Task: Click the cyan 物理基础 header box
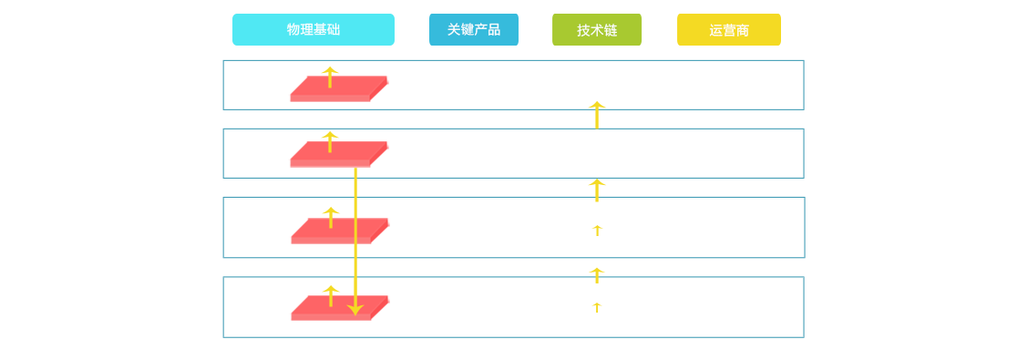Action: coord(313,30)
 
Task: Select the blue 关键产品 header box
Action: coord(474,30)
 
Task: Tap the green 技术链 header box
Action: coord(597,30)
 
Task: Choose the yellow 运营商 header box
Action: coord(729,30)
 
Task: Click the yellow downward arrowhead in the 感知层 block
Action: coord(355,310)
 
